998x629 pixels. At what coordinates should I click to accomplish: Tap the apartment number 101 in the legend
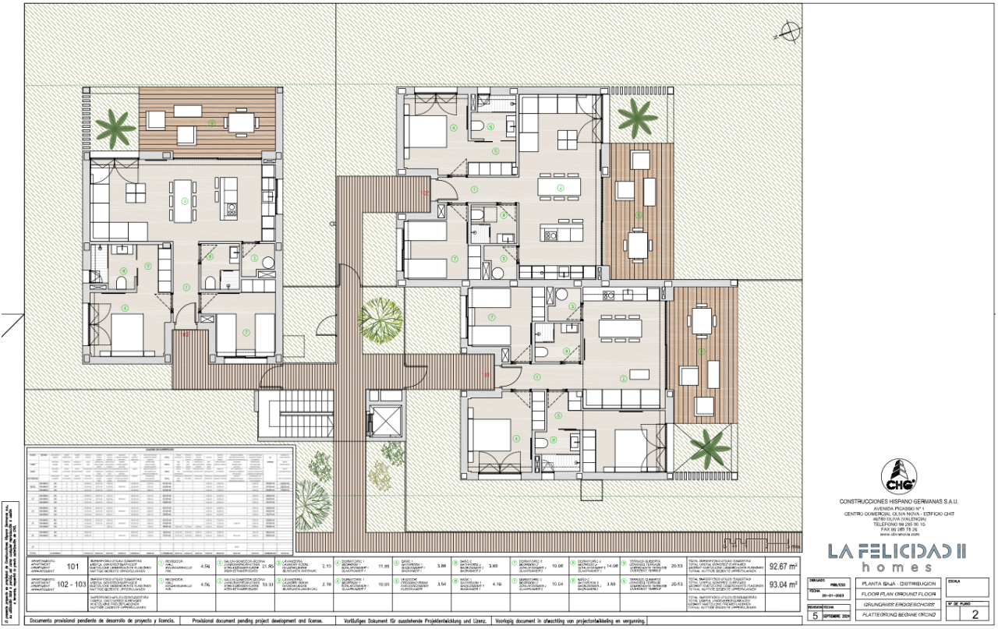[75, 567]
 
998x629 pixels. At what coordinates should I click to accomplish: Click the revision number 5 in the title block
[816, 614]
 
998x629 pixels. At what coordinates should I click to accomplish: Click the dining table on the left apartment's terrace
[240, 122]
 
